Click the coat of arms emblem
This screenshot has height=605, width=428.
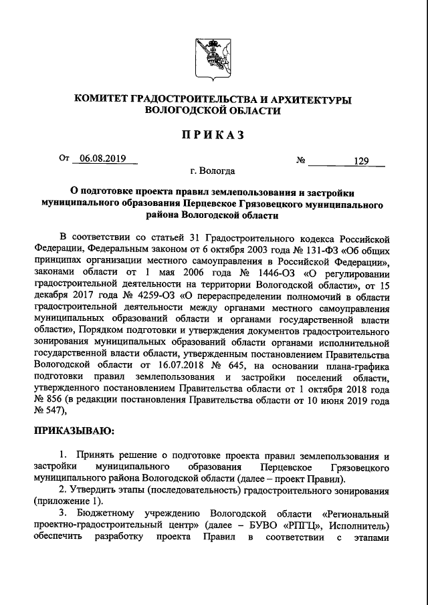(x=213, y=55)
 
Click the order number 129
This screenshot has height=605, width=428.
(x=362, y=160)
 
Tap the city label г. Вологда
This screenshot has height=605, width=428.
(x=213, y=172)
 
